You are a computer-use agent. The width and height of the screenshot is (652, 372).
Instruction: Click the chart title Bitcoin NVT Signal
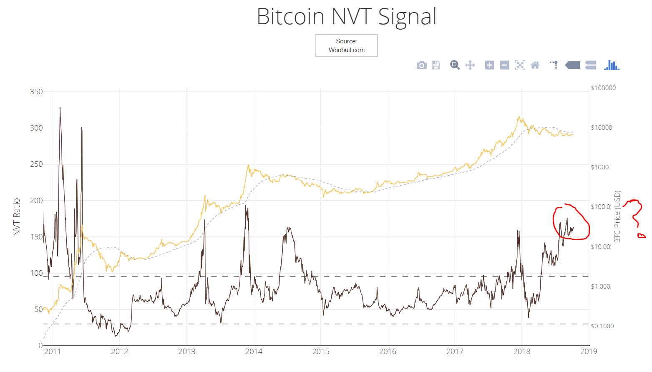click(346, 17)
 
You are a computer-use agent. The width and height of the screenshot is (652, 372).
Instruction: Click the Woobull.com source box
click(346, 45)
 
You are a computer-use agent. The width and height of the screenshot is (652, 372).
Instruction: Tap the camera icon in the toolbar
click(421, 65)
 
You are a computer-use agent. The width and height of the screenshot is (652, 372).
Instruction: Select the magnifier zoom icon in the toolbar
click(454, 65)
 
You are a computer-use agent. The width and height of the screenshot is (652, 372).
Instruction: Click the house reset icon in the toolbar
click(535, 65)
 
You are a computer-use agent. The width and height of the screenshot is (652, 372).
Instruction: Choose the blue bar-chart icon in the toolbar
click(612, 65)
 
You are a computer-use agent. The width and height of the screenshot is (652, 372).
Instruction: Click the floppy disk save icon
click(436, 65)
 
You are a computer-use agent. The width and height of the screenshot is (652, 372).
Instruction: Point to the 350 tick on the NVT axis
click(36, 92)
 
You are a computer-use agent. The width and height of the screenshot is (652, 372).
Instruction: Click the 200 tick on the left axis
click(36, 201)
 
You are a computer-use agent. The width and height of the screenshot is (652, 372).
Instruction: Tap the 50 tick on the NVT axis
click(38, 309)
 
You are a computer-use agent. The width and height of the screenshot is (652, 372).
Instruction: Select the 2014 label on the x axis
click(254, 352)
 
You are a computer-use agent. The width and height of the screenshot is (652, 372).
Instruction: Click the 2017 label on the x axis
click(455, 352)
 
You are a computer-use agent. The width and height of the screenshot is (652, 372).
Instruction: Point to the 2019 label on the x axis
click(589, 352)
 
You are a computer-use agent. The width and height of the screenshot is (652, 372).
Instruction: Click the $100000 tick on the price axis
click(603, 88)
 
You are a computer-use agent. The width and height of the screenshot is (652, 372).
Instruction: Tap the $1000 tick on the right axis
click(600, 167)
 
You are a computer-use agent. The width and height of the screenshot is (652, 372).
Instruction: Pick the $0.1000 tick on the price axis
click(602, 326)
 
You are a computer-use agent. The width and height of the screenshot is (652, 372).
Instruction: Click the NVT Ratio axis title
click(17, 217)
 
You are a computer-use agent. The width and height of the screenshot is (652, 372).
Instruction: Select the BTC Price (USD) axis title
click(617, 217)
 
